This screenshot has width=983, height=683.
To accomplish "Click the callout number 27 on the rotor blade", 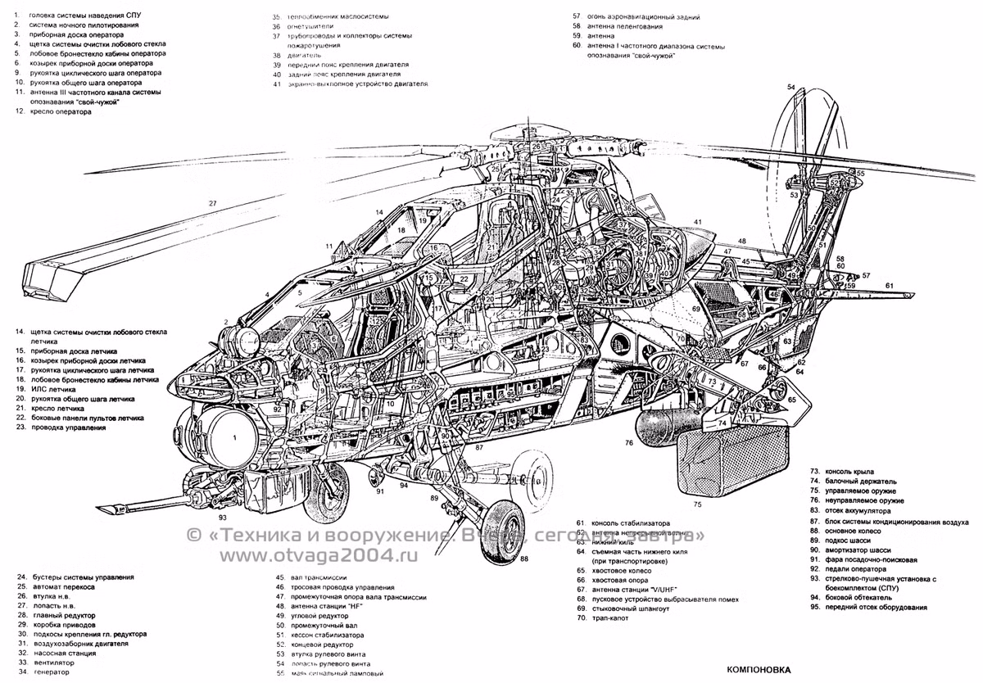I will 212,203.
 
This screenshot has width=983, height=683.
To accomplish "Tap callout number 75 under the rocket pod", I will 698,504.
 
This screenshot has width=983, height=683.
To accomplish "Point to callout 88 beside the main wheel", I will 523,559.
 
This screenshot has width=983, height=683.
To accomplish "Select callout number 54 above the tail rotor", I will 791,87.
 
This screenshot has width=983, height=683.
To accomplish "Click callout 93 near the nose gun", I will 223,517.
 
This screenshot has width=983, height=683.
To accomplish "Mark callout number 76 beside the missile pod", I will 629,443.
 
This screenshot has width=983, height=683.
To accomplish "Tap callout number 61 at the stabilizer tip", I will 889,285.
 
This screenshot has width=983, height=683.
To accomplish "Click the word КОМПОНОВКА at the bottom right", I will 759,669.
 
